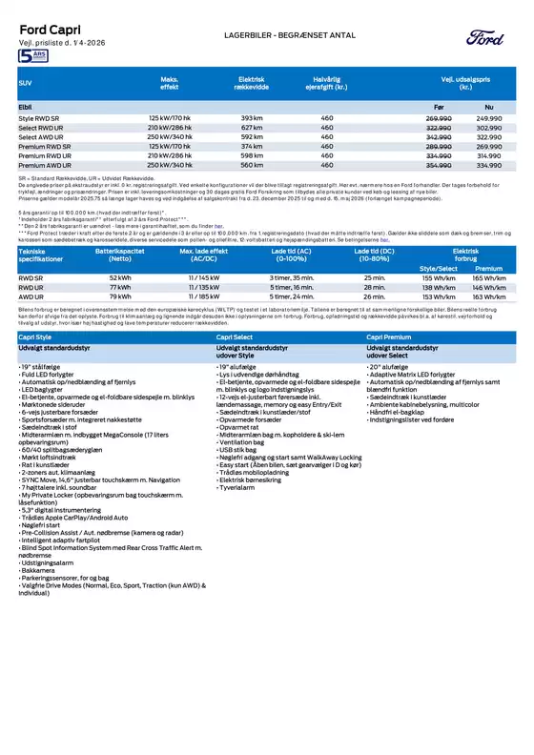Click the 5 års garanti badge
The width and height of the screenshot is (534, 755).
coord(32,58)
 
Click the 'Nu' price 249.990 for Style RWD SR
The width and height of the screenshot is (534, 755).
coord(488,117)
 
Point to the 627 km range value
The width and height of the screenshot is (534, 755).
coord(251,127)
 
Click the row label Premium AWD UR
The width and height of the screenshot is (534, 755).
coord(45,165)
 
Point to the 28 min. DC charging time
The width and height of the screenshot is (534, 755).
coord(374,287)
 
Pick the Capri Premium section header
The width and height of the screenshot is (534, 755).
coord(389,337)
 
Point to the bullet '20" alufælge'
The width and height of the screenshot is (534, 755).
coord(389,365)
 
